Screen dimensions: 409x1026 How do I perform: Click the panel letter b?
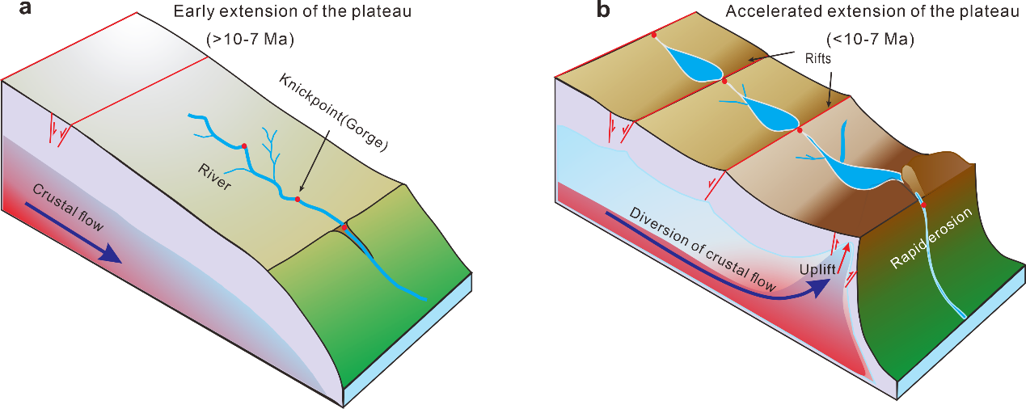602,10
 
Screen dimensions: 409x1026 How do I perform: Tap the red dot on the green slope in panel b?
924,206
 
